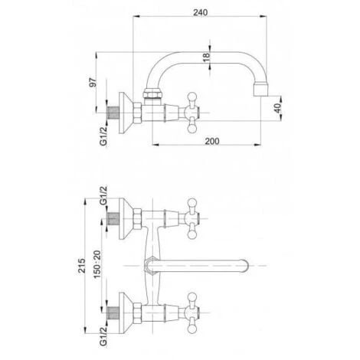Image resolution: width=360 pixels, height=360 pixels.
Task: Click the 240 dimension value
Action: coord(200,12)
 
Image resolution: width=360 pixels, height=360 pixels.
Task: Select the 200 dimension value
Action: coord(212,141)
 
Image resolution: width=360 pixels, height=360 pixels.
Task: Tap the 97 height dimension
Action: coord(93,82)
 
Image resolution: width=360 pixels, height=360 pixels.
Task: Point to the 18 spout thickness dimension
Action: coord(206,57)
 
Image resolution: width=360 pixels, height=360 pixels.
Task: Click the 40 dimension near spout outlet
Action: coord(277,108)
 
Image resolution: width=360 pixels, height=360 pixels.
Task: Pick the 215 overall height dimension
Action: coord(82,266)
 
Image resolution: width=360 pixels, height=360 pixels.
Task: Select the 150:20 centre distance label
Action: coord(97,264)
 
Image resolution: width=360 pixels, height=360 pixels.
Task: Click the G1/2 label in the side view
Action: coord(103,136)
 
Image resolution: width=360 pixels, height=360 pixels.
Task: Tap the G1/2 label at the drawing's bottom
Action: coord(103,336)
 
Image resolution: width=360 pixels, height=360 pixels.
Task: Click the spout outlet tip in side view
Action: coord(261,89)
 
